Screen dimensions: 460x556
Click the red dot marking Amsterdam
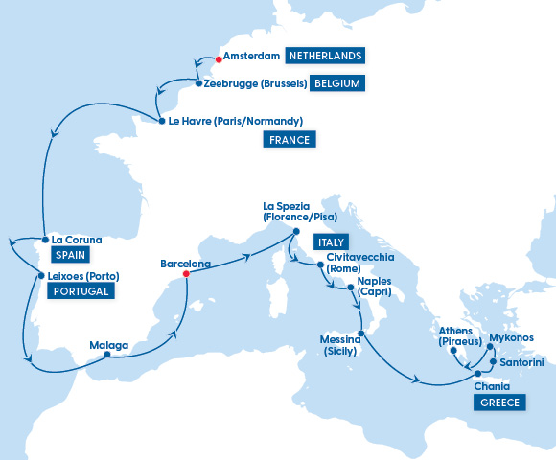(218, 59)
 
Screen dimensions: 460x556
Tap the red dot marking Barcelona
(185, 274)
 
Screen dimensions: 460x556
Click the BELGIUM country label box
(336, 83)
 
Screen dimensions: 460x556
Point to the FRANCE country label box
(290, 140)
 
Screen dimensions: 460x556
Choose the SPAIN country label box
(70, 256)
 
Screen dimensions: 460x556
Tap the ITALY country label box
(329, 242)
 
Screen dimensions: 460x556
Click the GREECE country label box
(498, 402)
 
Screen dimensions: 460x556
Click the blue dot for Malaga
(106, 355)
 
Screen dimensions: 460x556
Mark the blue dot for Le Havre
(160, 121)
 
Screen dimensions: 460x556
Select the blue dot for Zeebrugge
(197, 83)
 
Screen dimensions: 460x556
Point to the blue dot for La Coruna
(44, 239)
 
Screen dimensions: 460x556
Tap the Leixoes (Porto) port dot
(38, 276)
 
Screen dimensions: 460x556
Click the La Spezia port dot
(295, 231)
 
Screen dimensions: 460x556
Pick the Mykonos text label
(511, 337)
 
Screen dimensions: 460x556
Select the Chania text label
(491, 385)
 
